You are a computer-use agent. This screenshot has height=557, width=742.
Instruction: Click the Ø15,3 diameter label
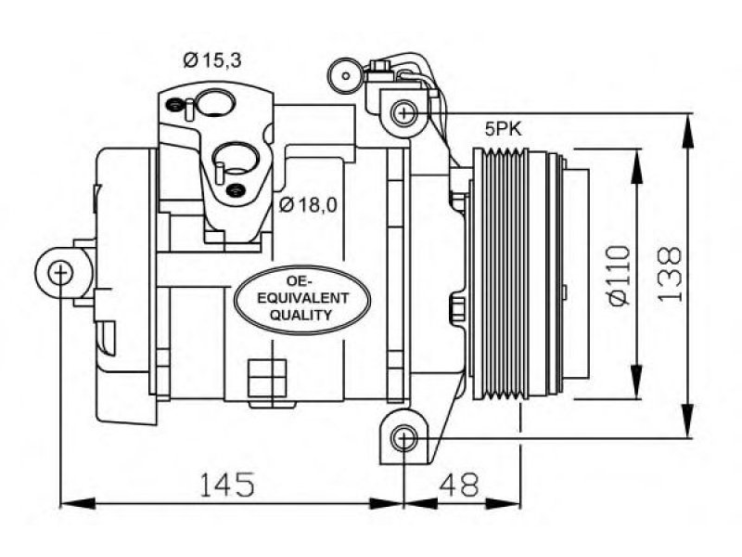[212, 60]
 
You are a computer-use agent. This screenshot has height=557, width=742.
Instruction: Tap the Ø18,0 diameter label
[308, 204]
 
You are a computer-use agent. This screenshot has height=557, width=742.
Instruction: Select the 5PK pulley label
[503, 129]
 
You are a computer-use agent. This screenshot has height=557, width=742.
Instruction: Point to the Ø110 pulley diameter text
[620, 275]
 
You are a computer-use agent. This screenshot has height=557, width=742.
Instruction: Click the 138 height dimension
[670, 274]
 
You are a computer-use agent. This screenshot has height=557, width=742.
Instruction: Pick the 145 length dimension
[227, 484]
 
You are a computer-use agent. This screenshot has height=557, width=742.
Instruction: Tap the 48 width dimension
[459, 484]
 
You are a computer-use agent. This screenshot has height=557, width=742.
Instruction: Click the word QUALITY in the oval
[301, 315]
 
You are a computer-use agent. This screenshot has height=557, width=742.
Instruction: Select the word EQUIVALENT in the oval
[303, 298]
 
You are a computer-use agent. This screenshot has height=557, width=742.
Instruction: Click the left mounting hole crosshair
[60, 273]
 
